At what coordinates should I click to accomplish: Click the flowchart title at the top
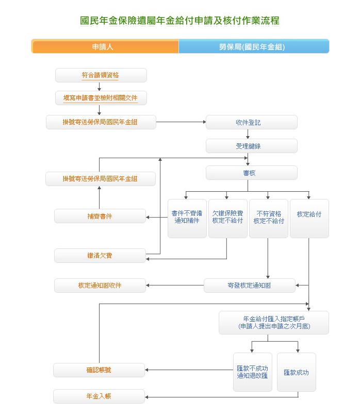click(180, 21)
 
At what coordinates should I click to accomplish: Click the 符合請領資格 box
click(101, 75)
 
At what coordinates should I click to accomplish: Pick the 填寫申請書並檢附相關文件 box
click(101, 98)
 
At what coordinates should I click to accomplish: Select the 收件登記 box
click(251, 122)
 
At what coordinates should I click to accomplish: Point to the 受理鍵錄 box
click(251, 146)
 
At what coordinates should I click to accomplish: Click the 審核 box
click(251, 173)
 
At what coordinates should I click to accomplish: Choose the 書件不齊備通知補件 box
click(187, 218)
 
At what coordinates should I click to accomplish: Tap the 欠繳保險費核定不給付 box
click(227, 218)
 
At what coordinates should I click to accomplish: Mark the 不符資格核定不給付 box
click(268, 218)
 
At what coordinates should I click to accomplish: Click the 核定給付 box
click(309, 218)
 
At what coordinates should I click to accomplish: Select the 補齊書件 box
click(100, 216)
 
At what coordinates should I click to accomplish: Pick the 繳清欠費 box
click(100, 256)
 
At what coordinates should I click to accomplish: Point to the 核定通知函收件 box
click(100, 285)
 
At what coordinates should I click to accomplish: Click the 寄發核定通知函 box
click(250, 285)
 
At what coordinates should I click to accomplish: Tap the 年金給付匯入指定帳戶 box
click(273, 323)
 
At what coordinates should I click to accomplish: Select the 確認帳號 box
click(99, 370)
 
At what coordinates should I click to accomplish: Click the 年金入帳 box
click(99, 396)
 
